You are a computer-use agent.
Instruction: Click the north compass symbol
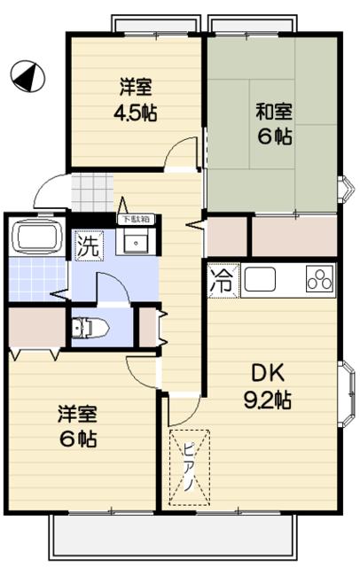[27, 77]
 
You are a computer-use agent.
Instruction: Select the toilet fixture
[88, 329]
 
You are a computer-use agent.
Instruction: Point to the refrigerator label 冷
[221, 283]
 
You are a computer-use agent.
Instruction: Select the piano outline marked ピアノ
[191, 467]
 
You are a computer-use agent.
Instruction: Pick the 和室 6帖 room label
[275, 125]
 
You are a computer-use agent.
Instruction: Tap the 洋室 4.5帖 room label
[137, 100]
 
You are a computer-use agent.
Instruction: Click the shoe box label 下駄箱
[136, 219]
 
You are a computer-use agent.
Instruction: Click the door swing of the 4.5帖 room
[184, 155]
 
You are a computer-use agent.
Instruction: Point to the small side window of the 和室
[345, 187]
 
